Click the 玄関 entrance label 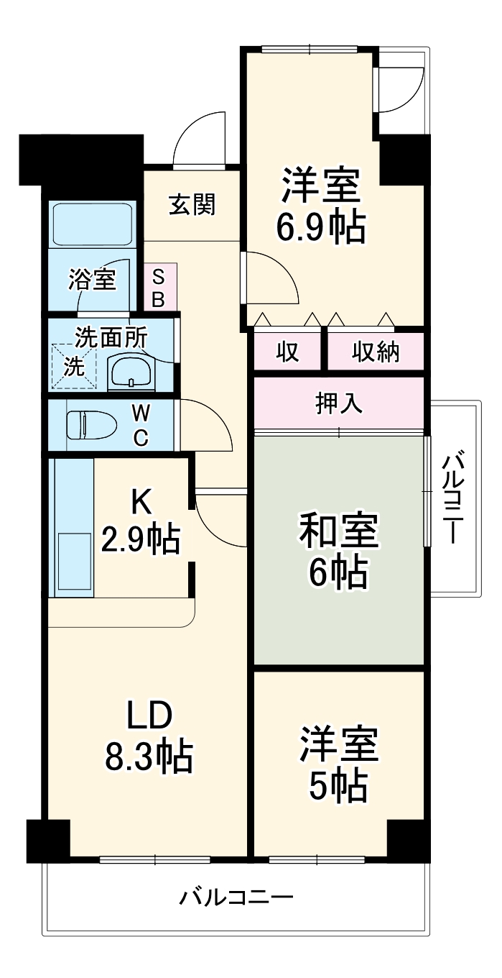point(192,206)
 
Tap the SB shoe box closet point(159,287)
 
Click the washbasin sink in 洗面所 point(130,372)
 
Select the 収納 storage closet point(376,352)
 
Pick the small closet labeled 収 point(288,352)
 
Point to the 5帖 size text point(338,787)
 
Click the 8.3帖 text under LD point(149,756)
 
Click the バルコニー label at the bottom point(236,898)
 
